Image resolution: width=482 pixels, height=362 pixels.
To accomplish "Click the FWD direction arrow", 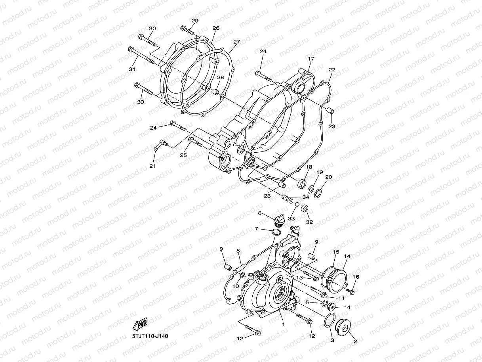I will tap(141, 325).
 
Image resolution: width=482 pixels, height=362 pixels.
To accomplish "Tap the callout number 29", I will tap(195, 21).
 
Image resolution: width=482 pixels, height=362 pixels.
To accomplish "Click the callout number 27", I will tap(236, 42).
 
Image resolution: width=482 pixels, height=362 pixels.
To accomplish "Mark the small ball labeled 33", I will tap(295, 204).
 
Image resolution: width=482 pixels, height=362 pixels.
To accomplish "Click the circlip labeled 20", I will tap(317, 193).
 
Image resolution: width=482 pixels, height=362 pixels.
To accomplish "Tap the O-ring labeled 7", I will tap(277, 232).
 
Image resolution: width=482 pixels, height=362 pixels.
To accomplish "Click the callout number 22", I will tap(332, 70).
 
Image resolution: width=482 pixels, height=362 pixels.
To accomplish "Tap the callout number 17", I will tap(311, 59).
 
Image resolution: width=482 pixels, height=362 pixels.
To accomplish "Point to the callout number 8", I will tap(238, 251).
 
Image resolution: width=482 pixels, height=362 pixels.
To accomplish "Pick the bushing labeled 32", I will tap(305, 209).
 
